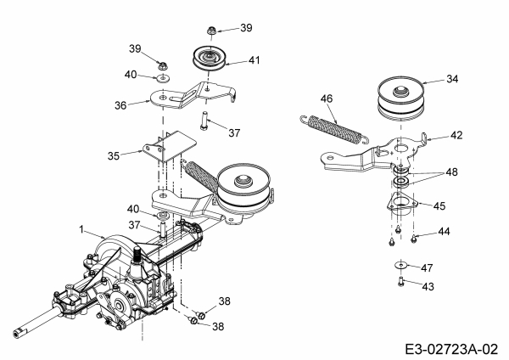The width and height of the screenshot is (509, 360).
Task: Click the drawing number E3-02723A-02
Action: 451,349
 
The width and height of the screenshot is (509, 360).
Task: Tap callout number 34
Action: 452,79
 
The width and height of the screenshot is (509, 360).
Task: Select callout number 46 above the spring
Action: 327,98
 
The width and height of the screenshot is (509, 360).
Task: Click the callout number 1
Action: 81,230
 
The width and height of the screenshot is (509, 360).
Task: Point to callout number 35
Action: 114,156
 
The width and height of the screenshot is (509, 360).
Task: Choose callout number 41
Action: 255,60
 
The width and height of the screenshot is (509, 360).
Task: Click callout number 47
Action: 427,267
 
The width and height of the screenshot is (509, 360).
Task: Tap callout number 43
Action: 428,287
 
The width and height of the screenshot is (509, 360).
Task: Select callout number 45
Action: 439,205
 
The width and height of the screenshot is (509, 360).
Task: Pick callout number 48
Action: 451,172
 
